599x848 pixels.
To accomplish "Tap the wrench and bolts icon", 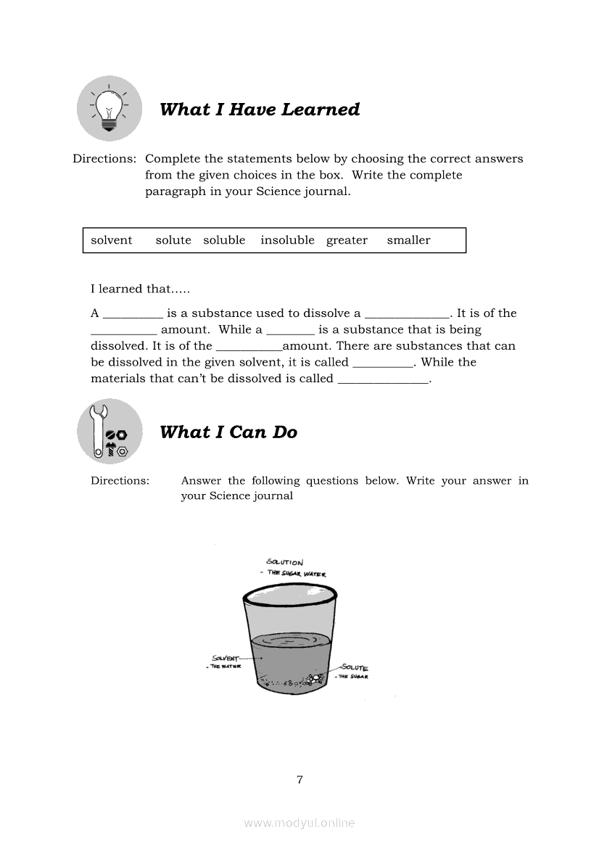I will (109, 432).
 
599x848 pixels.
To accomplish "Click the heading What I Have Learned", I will (260, 110).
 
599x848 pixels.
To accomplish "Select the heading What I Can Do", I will (228, 432).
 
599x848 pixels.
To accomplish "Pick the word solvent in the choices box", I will (112, 240).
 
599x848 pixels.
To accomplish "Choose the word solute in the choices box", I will (173, 240).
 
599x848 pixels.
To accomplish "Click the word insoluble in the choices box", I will (287, 240).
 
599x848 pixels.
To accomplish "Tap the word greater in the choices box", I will (347, 240).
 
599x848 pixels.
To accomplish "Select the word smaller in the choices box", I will (408, 240).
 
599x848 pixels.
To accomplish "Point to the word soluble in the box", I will (224, 240).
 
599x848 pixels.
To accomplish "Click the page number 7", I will (299, 780).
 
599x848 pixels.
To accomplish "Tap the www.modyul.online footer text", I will (299, 823).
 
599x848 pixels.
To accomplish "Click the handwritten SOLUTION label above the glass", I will (285, 562).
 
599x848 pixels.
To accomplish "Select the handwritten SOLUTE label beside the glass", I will (355, 667).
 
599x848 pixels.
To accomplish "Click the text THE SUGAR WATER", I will (297, 574).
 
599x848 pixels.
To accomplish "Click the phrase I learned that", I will (140, 289).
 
